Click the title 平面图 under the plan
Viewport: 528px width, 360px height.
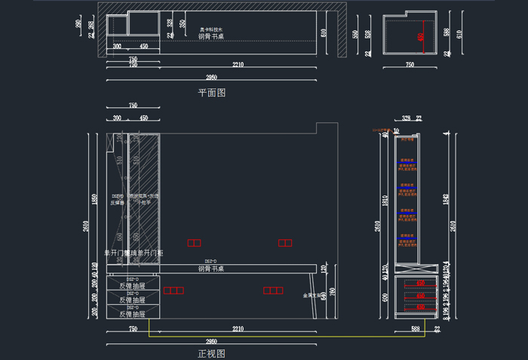211,93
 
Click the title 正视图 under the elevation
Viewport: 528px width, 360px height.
211,352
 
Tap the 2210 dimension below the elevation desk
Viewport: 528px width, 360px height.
237,328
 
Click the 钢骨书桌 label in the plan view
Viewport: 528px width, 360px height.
210,36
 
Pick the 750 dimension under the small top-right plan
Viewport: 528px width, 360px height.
410,66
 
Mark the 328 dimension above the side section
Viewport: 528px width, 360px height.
406,118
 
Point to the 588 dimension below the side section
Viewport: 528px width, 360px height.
414,329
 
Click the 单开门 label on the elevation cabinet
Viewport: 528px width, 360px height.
115,253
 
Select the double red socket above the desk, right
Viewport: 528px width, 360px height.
284,243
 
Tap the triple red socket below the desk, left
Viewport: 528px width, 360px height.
174,291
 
